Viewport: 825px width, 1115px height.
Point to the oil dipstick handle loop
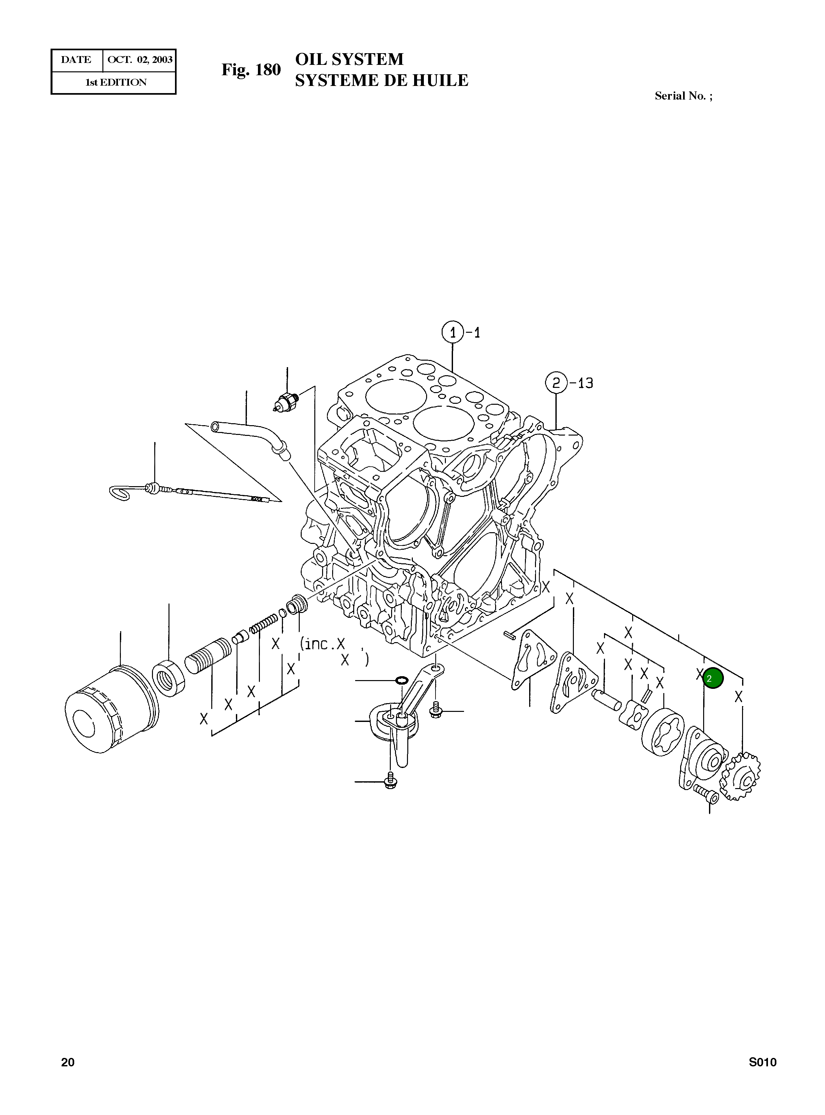pyautogui.click(x=120, y=493)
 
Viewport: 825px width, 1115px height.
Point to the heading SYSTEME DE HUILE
pyautogui.click(x=381, y=80)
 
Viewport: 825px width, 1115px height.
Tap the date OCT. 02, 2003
pyautogui.click(x=140, y=60)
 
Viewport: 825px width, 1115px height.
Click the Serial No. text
pyautogui.click(x=683, y=96)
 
